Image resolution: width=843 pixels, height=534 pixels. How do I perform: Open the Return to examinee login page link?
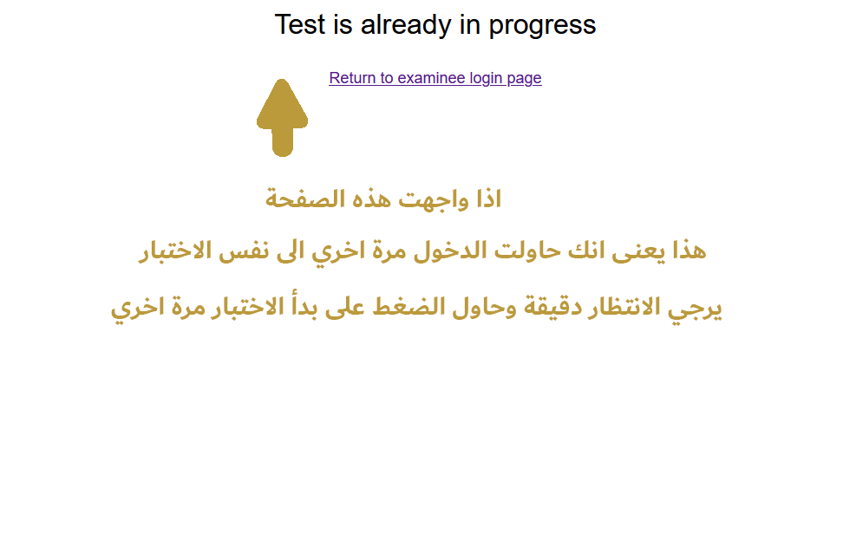point(435,78)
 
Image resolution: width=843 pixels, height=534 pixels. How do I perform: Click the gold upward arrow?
point(282,118)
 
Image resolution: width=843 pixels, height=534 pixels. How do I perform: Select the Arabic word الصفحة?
point(304,199)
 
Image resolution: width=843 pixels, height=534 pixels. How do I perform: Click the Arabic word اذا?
point(488,199)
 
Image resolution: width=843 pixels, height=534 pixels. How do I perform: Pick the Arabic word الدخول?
point(450,251)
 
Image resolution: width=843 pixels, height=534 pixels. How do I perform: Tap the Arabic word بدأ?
point(302,306)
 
